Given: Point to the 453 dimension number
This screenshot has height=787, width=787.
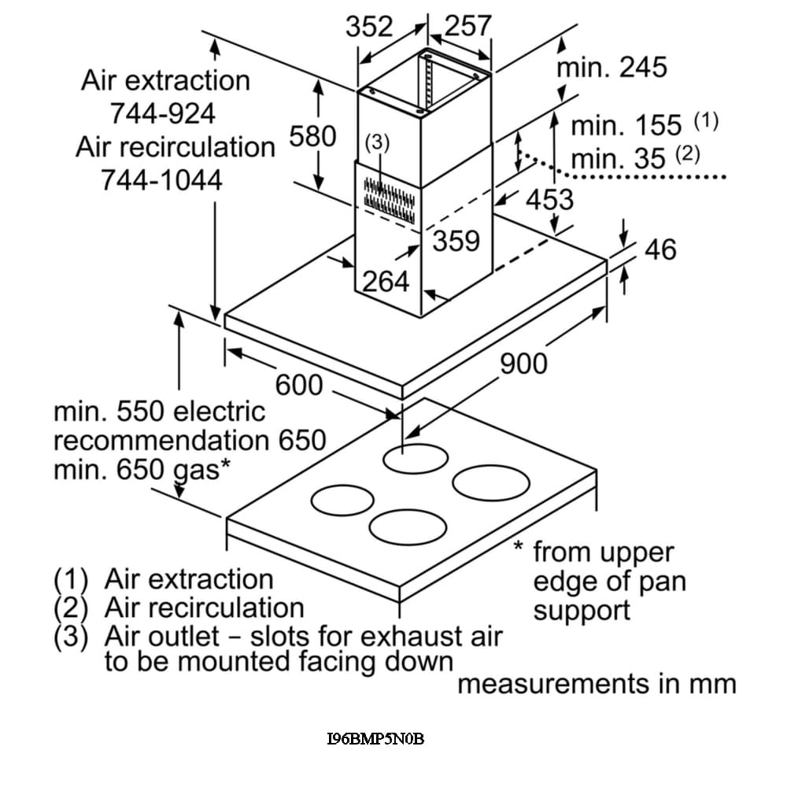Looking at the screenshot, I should (549, 199).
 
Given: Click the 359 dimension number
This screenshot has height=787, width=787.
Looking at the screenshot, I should (456, 240).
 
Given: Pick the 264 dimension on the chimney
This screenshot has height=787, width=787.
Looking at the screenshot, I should (386, 281).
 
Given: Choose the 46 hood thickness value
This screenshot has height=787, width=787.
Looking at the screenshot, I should (660, 249).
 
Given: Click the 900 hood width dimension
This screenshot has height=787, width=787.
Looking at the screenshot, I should (523, 363).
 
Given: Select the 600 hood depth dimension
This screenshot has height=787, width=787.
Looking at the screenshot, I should (299, 385).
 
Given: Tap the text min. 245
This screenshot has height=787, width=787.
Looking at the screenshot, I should (611, 68).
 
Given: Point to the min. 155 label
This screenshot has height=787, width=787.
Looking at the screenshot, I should (626, 125).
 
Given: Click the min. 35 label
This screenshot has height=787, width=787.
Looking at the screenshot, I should (618, 159).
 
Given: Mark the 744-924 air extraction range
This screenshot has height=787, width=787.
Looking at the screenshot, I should (162, 114).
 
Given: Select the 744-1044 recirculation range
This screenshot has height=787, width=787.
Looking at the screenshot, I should (161, 180).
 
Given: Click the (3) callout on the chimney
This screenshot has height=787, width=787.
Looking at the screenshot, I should (378, 142).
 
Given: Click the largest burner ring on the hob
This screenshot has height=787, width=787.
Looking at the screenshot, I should (491, 482).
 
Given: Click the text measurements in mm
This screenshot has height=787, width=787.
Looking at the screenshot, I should (597, 684).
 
